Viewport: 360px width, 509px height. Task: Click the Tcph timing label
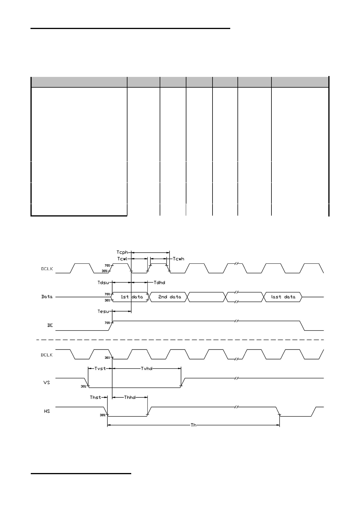(122, 252)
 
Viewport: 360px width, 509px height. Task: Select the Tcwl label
(122, 259)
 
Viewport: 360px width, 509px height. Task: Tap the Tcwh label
(179, 259)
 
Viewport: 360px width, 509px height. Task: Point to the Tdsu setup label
(103, 282)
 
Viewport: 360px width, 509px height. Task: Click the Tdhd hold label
(159, 282)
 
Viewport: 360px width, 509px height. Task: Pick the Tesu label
(103, 311)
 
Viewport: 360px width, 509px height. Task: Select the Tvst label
(100, 369)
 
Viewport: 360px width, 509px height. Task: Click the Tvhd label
(147, 369)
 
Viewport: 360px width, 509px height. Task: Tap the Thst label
(96, 397)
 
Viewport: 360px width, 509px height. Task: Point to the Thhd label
(130, 397)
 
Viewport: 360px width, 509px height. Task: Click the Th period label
(193, 425)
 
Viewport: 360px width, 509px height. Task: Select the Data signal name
(47, 297)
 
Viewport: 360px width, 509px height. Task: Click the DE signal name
(50, 325)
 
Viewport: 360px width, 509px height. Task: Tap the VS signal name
(47, 382)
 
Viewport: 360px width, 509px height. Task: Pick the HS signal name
(47, 411)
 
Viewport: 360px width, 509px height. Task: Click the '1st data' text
(132, 297)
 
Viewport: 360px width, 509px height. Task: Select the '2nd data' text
(170, 297)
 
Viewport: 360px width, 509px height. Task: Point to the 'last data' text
(283, 297)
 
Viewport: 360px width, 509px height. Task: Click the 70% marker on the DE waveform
(107, 323)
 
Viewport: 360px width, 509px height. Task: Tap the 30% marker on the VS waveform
(83, 386)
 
